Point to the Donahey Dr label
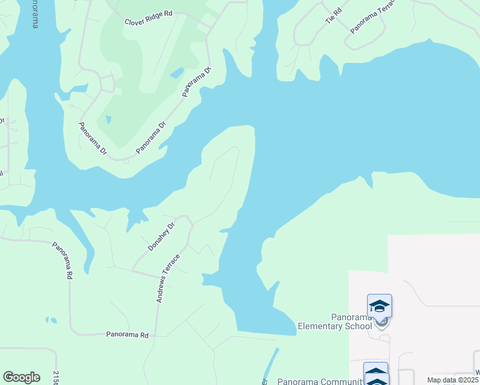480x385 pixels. click(161, 237)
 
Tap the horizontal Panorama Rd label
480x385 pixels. click(127, 335)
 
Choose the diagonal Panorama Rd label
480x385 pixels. click(62, 259)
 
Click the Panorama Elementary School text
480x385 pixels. click(334, 321)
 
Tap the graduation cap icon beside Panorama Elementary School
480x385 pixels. click(379, 306)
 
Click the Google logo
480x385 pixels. click(21, 377)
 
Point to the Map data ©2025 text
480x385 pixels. click(452, 380)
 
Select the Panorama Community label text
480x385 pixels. click(316, 382)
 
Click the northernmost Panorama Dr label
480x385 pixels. click(196, 81)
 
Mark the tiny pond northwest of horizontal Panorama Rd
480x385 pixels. click(50, 319)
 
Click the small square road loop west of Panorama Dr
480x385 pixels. click(107, 83)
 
